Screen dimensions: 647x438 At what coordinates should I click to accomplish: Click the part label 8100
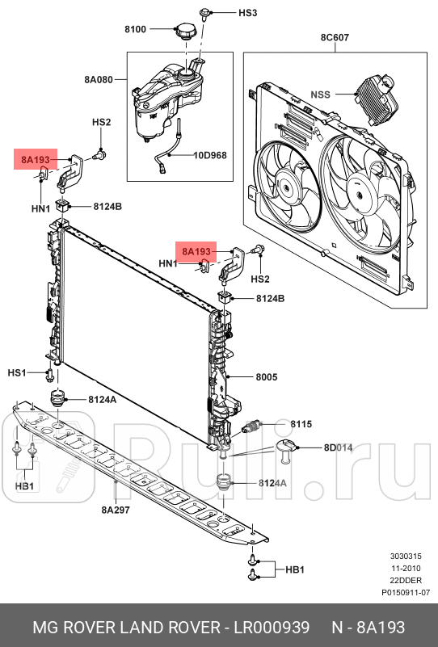click(x=135, y=29)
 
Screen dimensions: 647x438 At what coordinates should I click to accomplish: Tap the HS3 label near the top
click(x=247, y=13)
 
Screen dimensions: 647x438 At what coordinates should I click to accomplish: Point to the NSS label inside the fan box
click(x=322, y=94)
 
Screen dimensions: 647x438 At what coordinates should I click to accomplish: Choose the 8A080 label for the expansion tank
click(x=99, y=80)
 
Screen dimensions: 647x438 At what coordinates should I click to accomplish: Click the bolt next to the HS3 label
click(x=207, y=12)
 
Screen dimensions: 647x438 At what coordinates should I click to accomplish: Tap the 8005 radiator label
click(x=267, y=377)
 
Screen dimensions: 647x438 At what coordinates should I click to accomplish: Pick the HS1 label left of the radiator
click(x=18, y=372)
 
